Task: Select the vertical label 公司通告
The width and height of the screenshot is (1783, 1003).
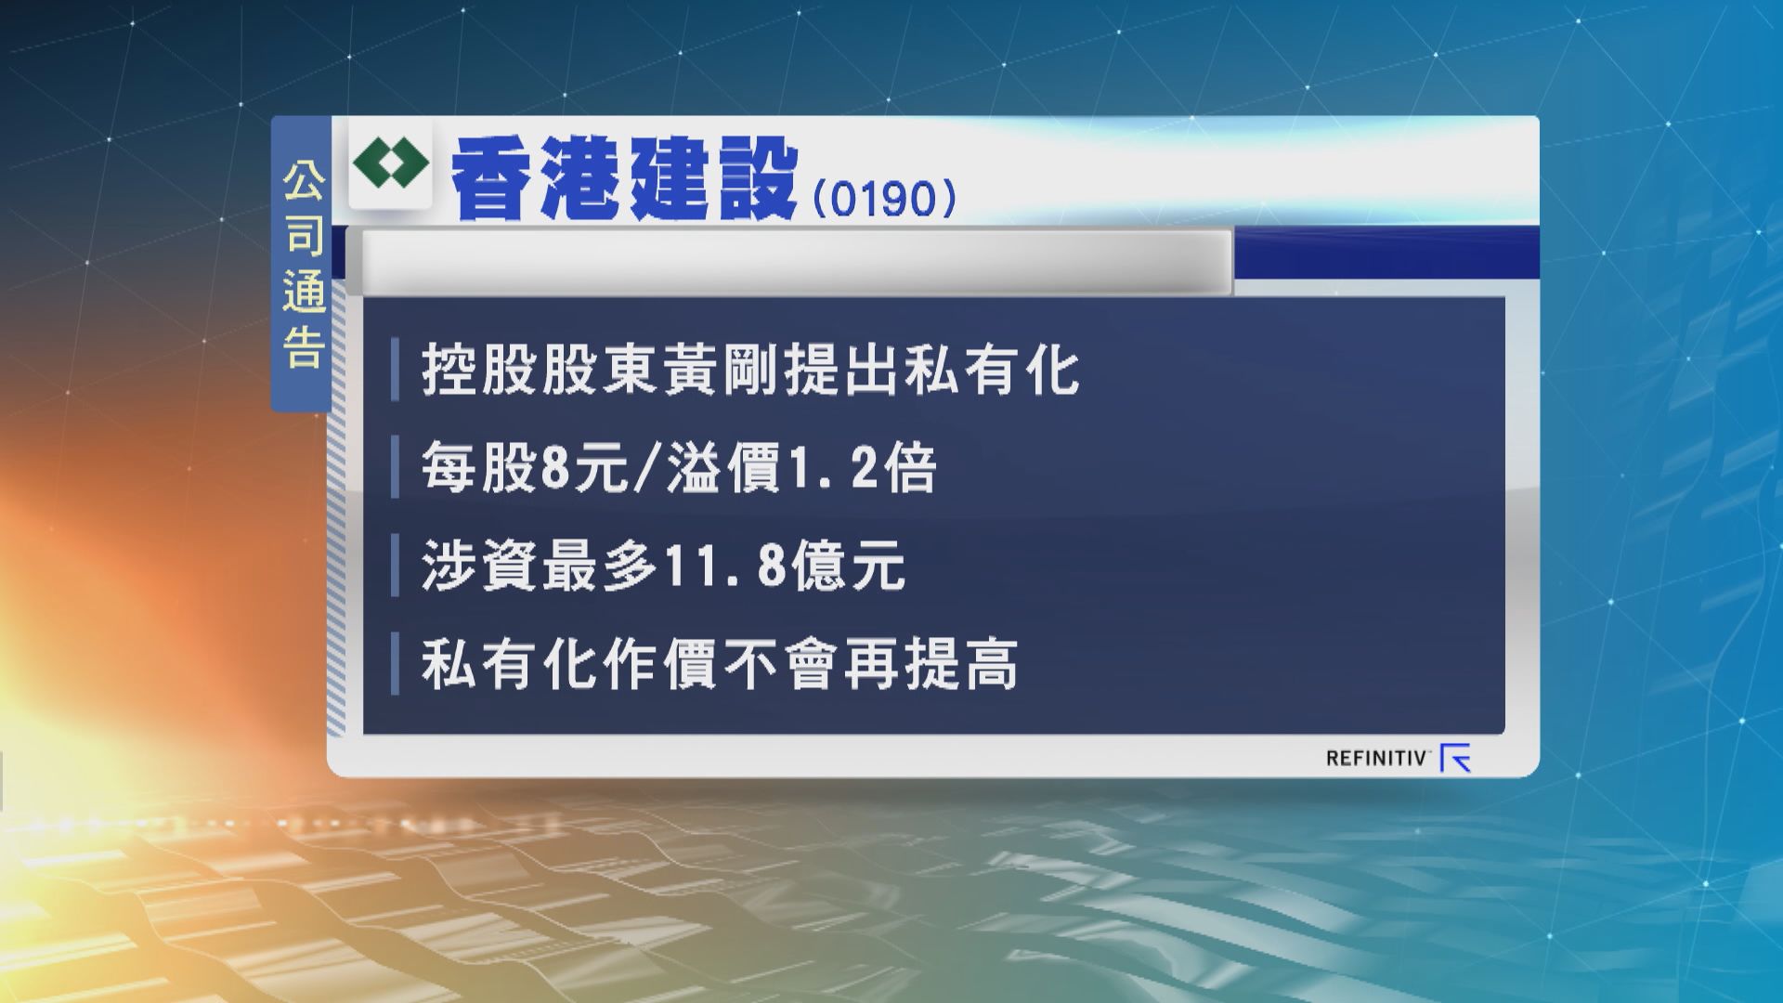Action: pyautogui.click(x=303, y=264)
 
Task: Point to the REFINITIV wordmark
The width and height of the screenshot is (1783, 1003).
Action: pyautogui.click(x=1376, y=759)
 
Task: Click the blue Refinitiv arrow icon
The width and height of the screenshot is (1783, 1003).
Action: pyautogui.click(x=1455, y=759)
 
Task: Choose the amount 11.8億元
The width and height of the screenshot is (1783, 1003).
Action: pyautogui.click(x=783, y=567)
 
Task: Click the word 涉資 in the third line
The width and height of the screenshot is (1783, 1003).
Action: pyautogui.click(x=480, y=567)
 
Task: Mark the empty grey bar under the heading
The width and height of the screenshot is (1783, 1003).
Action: pyautogui.click(x=796, y=262)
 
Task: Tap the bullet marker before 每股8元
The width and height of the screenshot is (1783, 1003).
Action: pyautogui.click(x=396, y=470)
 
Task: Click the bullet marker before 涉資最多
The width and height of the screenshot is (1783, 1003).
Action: pyautogui.click(x=396, y=567)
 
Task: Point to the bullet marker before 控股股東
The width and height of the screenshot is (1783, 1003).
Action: pyautogui.click(x=396, y=371)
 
